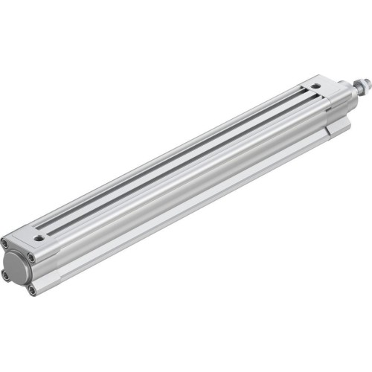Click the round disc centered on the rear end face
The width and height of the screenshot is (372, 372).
pos(19,266)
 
